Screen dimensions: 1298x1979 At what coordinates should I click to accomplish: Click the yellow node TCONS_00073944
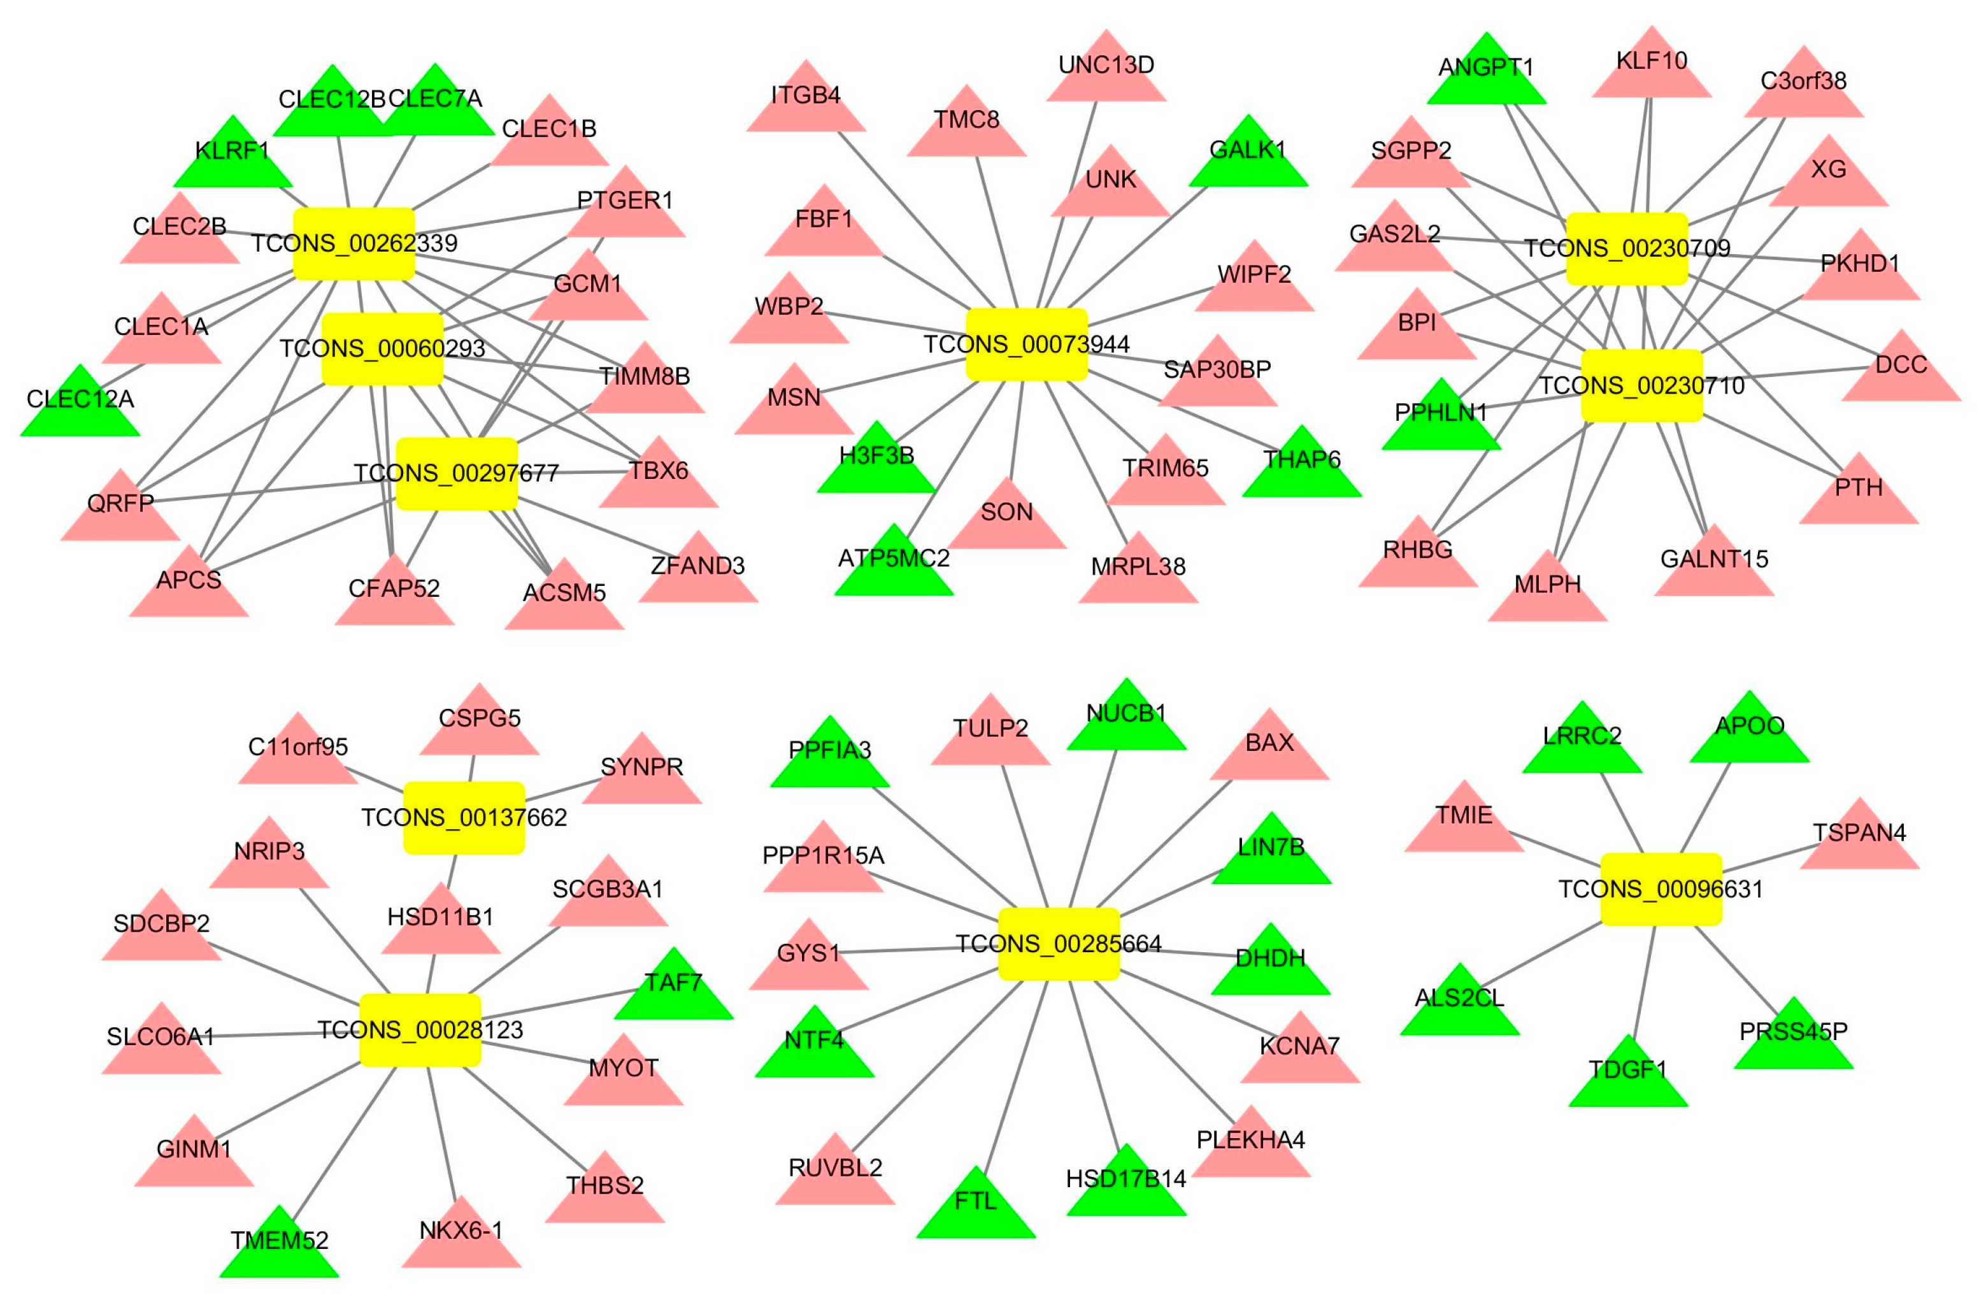(x=1026, y=345)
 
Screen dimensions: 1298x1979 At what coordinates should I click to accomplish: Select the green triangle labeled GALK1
(x=1247, y=158)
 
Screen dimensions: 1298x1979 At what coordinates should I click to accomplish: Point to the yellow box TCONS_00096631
(x=1661, y=889)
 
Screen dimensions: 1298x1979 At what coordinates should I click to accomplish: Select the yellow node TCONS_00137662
(x=464, y=817)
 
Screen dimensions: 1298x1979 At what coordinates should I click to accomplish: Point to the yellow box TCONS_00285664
(x=1059, y=944)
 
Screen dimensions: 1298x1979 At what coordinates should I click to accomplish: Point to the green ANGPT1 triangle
(x=1486, y=76)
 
